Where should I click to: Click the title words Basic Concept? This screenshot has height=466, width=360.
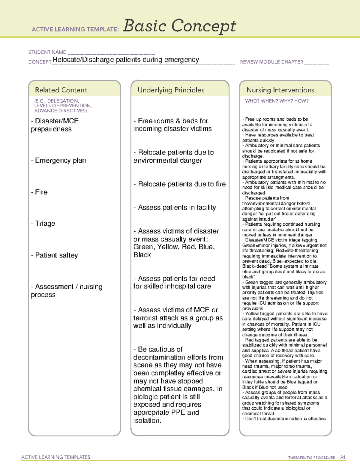tap(179, 26)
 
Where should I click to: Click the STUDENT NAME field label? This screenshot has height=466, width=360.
tap(47, 52)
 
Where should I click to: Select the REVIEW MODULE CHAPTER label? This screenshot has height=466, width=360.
tap(271, 62)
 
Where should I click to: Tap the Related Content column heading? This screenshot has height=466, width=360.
tap(61, 90)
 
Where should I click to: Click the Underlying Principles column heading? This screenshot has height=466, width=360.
tap(171, 90)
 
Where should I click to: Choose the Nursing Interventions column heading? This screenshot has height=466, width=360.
tap(280, 90)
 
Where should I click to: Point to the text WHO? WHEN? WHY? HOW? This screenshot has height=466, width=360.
tap(277, 101)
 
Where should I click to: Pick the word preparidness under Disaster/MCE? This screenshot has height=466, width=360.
tap(51, 129)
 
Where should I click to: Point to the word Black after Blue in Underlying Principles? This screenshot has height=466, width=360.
tap(142, 255)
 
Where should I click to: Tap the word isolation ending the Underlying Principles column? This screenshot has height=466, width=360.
tap(147, 420)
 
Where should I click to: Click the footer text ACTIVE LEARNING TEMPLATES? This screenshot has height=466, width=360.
tap(56, 457)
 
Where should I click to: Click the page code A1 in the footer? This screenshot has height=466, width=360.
tap(342, 457)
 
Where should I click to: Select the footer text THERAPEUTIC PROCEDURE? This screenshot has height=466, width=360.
tap(311, 458)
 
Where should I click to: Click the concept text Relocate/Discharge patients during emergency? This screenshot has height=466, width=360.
tap(126, 60)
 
